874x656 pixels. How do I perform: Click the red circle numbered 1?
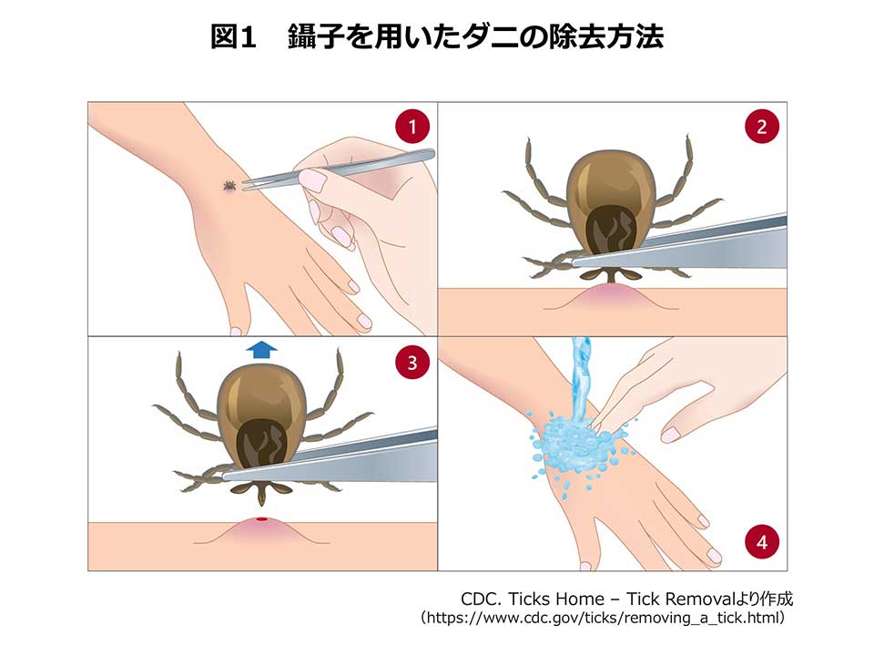412,127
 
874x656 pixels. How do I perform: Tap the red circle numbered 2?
762,127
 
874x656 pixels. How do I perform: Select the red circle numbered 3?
412,363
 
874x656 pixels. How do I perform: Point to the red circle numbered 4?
762,541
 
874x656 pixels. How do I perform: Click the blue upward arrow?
262,350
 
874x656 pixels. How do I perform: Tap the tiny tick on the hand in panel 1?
229,185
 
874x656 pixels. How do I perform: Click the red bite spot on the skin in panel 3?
262,519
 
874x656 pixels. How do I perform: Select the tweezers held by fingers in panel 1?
339,169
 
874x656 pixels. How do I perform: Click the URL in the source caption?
603,618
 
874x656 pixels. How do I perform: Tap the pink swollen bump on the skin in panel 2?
612,296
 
